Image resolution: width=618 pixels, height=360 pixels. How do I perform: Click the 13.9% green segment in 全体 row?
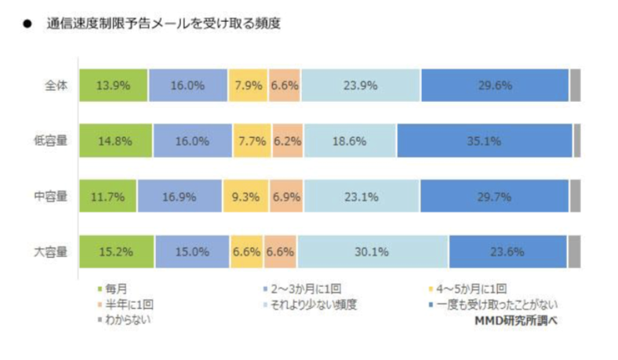tap(113, 85)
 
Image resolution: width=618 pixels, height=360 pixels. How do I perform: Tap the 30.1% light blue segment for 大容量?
tap(373, 253)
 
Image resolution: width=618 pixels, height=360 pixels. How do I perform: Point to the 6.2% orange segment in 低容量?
tap(287, 141)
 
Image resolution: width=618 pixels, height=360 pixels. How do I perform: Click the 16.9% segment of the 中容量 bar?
tap(180, 197)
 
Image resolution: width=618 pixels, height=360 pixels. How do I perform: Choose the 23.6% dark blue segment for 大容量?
tap(507, 253)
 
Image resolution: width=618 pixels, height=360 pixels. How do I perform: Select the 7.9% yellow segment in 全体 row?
tap(248, 85)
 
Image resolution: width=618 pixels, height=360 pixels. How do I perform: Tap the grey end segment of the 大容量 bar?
tap(574, 253)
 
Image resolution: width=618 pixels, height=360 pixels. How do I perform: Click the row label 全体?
tap(56, 85)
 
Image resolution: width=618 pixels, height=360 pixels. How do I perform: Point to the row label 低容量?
tap(52, 141)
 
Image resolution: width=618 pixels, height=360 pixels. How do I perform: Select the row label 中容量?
tap(52, 197)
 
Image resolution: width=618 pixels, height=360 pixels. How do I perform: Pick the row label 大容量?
tap(52, 253)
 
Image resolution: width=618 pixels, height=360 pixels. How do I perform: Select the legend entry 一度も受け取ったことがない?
tap(493, 304)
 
